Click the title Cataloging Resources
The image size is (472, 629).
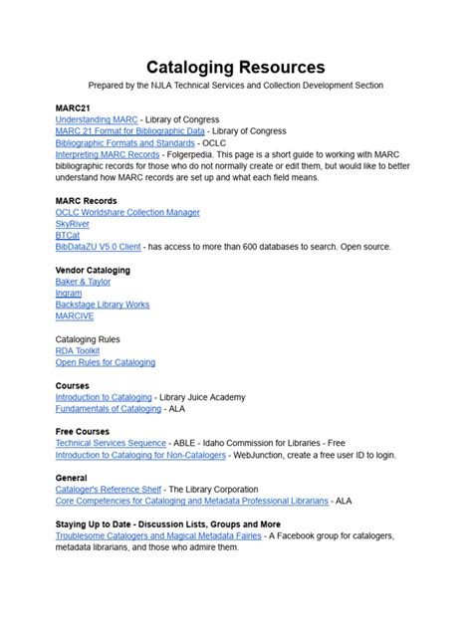[x=236, y=68]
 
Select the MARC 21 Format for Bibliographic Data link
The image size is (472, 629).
[x=129, y=131]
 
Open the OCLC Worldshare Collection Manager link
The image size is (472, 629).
[x=127, y=212]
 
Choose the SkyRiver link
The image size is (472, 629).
[x=73, y=224]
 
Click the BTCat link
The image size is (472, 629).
[x=68, y=235]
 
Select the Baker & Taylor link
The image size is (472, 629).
[x=84, y=282]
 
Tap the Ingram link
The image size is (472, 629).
[x=69, y=293]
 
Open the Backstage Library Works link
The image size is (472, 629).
[x=103, y=305]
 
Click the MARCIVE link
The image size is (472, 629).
[x=74, y=315]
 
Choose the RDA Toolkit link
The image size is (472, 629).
[x=78, y=350]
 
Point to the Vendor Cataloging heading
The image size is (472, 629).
[x=93, y=270]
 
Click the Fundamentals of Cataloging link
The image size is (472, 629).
[x=108, y=408]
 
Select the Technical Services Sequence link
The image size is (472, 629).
[x=111, y=443]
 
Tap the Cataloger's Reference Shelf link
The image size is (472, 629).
[x=108, y=490]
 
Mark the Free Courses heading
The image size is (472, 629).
[x=83, y=432]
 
